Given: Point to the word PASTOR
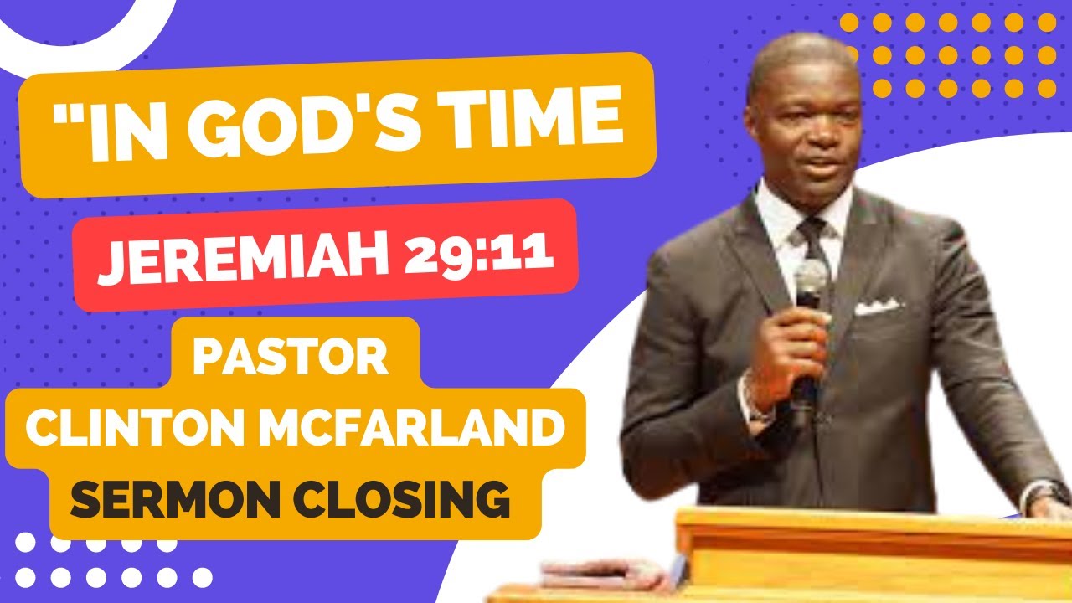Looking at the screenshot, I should pyautogui.click(x=291, y=355).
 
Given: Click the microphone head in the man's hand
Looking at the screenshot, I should pyautogui.click(x=811, y=281).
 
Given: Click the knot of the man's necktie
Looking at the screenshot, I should pyautogui.click(x=810, y=228).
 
